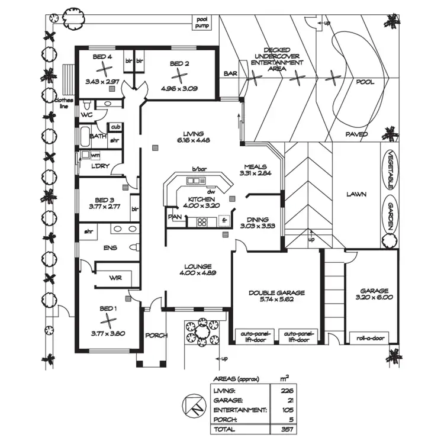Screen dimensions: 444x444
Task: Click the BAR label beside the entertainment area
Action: point(230,74)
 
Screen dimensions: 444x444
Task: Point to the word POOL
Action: point(365,82)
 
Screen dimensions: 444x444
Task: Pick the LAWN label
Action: point(357,194)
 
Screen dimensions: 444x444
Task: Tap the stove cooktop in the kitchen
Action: point(202,222)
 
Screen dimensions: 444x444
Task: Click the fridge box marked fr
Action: point(224,220)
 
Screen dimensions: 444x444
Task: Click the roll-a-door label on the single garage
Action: point(371,339)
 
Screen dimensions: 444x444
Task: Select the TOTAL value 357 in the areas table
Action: point(288,429)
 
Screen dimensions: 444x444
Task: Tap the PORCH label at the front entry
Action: point(156,335)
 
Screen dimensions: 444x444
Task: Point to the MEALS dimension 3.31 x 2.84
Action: point(256,174)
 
